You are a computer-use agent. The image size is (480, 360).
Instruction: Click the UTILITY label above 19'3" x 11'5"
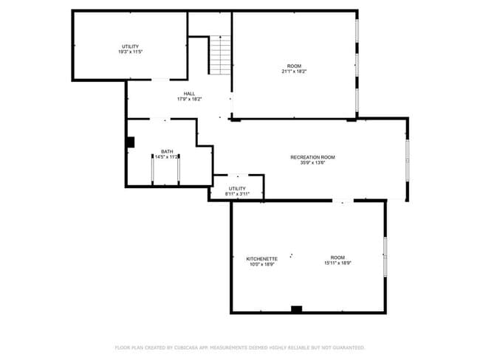[x=130, y=46]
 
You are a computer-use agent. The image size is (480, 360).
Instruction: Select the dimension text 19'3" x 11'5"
[x=130, y=52]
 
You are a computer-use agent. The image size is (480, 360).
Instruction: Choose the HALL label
[x=190, y=93]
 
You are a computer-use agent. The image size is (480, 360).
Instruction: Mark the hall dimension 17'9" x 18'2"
[x=190, y=99]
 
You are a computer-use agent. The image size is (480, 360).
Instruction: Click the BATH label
[x=167, y=151]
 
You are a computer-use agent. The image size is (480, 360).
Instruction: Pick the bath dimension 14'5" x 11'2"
[x=167, y=157]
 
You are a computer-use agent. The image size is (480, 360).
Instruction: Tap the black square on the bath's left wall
[x=130, y=142]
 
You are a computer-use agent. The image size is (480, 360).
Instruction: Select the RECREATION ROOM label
[x=312, y=157]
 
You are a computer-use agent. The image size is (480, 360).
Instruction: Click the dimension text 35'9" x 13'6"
[x=312, y=163]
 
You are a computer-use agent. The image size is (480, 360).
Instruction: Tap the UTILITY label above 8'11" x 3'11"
[x=237, y=188]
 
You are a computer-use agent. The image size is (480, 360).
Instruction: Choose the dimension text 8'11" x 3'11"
[x=237, y=194]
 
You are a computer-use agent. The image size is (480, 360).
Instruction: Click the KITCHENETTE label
[x=261, y=259]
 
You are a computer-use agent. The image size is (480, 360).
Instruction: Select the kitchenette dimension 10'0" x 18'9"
[x=261, y=265]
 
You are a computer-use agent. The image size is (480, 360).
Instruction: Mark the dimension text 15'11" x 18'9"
[x=337, y=265]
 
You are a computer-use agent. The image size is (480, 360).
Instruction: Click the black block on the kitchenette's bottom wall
[x=296, y=309]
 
